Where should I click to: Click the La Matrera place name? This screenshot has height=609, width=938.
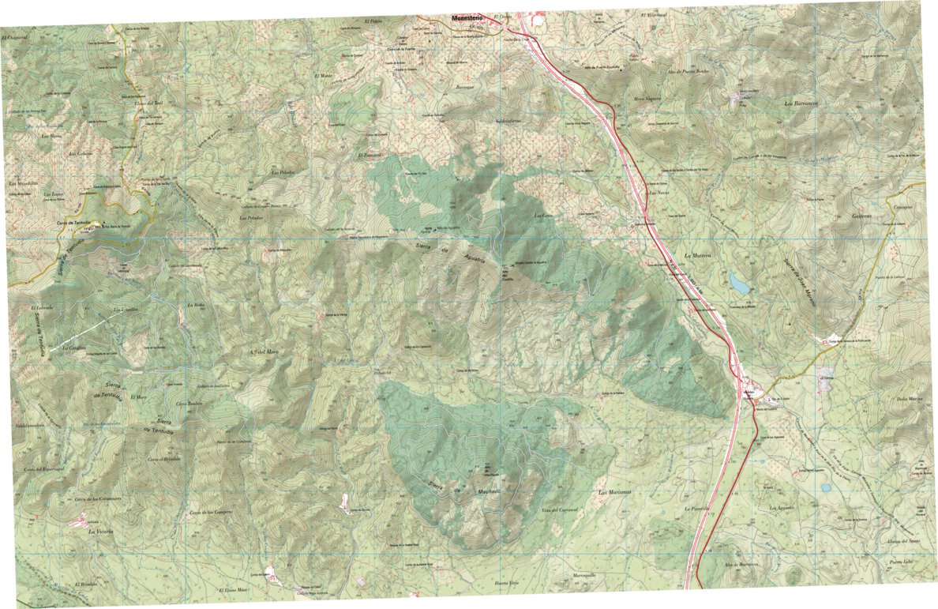point(698,256)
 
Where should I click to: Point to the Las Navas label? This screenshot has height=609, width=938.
point(658,192)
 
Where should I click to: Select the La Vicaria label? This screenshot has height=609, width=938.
point(101,532)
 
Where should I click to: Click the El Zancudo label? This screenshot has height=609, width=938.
point(373,155)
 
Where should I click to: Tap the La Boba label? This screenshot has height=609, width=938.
point(195,304)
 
